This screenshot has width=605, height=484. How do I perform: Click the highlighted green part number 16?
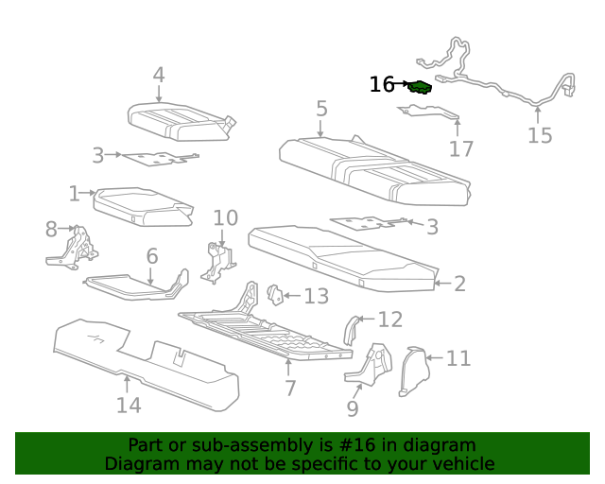click(x=421, y=88)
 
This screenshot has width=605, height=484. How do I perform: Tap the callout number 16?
click(x=381, y=85)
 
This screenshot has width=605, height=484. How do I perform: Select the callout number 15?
click(x=539, y=136)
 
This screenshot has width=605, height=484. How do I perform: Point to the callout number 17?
click(x=460, y=149)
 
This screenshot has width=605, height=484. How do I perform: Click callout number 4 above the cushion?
click(x=158, y=75)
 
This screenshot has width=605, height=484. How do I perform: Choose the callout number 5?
click(x=321, y=109)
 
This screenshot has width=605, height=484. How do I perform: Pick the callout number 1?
click(x=75, y=194)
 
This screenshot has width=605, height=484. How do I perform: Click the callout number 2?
click(x=459, y=284)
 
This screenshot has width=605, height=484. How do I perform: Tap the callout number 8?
click(x=51, y=229)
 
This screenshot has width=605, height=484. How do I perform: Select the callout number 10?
click(x=225, y=218)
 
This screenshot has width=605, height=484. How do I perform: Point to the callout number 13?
click(x=316, y=297)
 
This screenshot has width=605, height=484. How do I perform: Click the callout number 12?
click(x=389, y=320)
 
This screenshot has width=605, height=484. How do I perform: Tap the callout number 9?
click(x=353, y=408)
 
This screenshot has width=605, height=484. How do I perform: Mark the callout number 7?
click(x=290, y=388)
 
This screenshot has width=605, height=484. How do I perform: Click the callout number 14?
click(x=129, y=405)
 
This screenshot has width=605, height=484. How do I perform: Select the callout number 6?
click(x=151, y=255)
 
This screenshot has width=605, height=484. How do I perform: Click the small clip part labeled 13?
click(x=275, y=295)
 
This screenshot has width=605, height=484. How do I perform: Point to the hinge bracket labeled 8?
click(x=74, y=248)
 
